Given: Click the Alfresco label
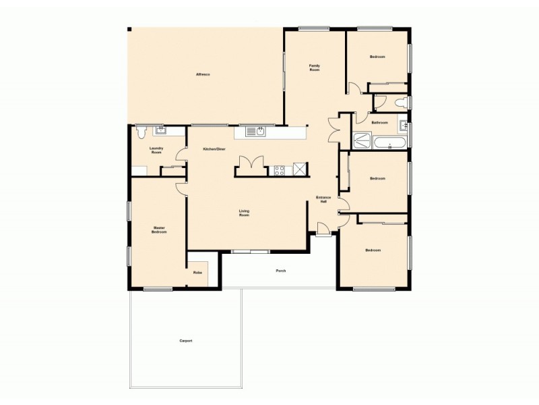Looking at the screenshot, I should point(203,74).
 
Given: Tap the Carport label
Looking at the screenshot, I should point(186,341).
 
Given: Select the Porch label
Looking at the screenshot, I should point(281,271).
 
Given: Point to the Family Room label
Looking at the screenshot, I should point(314,67).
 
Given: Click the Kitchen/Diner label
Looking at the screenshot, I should point(214,148).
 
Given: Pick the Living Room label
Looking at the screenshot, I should point(244,213).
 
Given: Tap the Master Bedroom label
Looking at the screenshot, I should point(159,230).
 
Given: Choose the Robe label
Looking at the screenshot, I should point(197,273).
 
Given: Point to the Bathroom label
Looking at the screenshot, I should point(379,122).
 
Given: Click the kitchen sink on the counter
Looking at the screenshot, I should point(256,131).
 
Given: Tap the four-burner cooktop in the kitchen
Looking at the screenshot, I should point(280,169).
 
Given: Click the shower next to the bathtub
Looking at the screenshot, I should point(362,142).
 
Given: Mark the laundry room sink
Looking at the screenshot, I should point(161,130).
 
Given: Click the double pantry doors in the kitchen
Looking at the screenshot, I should point(249,164).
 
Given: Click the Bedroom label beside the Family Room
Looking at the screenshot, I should point(377,57).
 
